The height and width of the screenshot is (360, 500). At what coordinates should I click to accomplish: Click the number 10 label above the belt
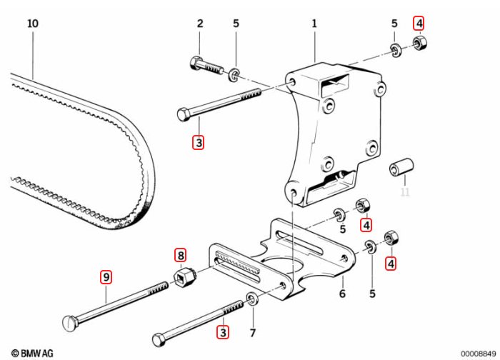click(32, 24)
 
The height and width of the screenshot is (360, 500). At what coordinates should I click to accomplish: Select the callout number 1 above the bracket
click(314, 24)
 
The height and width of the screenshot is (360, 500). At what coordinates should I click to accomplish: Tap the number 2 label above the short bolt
click(200, 24)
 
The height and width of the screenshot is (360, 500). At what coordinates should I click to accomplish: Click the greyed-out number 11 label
click(405, 191)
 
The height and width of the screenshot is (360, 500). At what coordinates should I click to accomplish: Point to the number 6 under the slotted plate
click(342, 294)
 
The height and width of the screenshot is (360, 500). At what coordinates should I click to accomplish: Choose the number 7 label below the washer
click(251, 333)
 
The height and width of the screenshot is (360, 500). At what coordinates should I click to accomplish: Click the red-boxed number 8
click(181, 255)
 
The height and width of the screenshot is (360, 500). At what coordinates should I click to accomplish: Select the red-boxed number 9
click(106, 276)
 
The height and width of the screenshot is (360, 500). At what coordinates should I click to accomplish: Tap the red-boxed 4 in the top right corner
click(419, 23)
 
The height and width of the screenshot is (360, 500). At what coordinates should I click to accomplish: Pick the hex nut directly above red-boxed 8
click(185, 274)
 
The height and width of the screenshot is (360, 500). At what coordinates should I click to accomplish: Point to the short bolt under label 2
click(207, 66)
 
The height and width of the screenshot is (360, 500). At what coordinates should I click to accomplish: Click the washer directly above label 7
click(251, 298)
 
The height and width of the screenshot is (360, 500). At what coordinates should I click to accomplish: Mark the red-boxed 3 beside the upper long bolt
click(199, 142)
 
